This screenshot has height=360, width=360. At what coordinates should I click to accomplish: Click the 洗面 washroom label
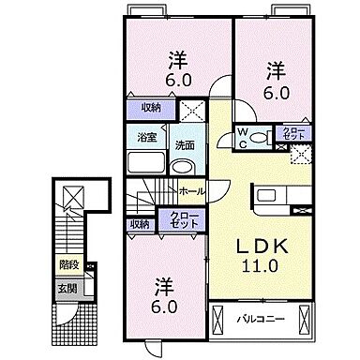click(x=184, y=144)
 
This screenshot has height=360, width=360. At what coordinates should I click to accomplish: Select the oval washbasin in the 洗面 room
click(x=184, y=168)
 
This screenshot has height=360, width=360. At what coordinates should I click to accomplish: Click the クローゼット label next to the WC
click(x=287, y=134)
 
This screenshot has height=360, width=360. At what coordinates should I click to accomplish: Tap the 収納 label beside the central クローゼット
click(x=140, y=224)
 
